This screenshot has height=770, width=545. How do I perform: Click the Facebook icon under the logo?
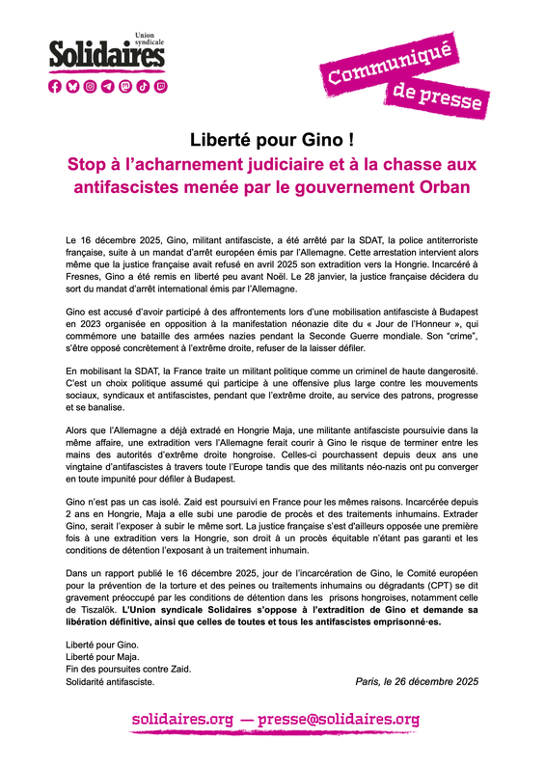pyautogui.click(x=55, y=86)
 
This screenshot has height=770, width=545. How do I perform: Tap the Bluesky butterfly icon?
pyautogui.click(x=72, y=86)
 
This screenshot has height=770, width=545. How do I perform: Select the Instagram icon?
pyautogui.click(x=90, y=86)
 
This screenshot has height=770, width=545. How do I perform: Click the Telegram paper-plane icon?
pyautogui.click(x=107, y=86)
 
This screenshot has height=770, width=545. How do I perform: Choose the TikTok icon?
pyautogui.click(x=142, y=86)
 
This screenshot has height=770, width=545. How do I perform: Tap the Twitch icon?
pyautogui.click(x=159, y=86)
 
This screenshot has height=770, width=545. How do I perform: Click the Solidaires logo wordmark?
pyautogui.click(x=107, y=57)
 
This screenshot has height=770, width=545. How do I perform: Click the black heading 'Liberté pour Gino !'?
pyautogui.click(x=272, y=141)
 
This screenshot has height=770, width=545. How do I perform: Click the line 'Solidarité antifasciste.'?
pyautogui.click(x=110, y=681)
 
